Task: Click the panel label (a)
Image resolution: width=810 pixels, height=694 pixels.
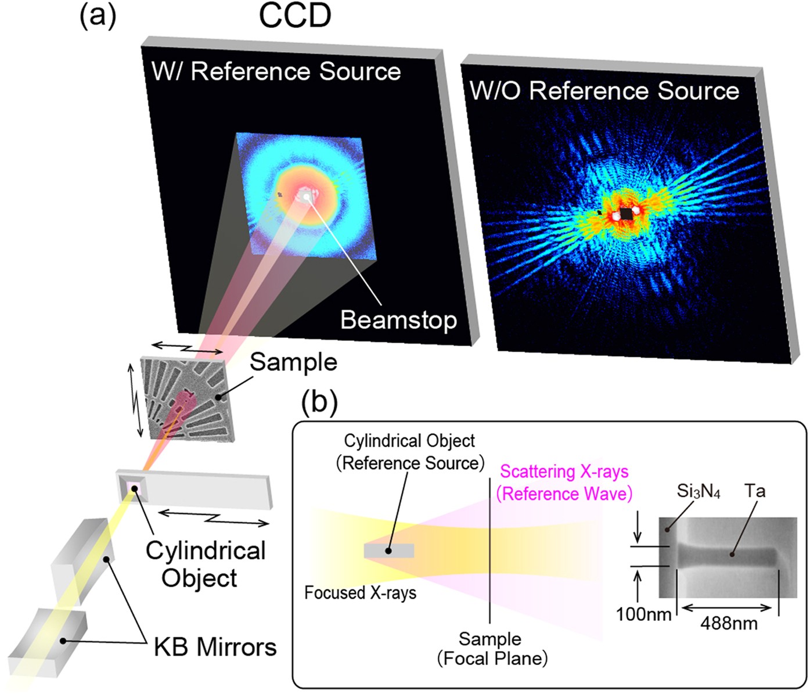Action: [98, 16]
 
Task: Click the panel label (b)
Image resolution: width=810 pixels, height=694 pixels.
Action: [319, 401]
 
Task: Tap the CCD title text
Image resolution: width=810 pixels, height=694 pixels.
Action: [294, 16]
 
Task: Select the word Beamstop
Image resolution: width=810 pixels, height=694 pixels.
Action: [398, 319]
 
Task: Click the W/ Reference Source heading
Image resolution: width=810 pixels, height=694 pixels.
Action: [276, 71]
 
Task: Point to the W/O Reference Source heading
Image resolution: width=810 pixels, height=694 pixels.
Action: [604, 91]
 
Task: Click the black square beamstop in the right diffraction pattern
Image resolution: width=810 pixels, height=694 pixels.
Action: [626, 214]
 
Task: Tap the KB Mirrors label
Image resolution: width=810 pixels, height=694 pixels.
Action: [215, 647]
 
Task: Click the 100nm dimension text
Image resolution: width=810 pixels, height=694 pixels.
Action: [643, 613]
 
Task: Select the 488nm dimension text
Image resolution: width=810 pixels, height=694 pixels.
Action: [729, 623]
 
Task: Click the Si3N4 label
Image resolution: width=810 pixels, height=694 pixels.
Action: [699, 492]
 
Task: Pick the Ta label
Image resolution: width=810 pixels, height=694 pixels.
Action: [755, 491]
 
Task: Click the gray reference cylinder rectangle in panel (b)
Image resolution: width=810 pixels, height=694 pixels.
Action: [388, 551]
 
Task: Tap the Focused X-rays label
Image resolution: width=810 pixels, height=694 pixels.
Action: [360, 592]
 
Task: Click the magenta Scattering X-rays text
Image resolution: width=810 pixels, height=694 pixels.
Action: [564, 472]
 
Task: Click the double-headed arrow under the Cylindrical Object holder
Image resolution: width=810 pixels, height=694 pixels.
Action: [214, 516]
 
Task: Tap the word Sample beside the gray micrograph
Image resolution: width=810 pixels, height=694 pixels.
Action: [293, 362]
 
